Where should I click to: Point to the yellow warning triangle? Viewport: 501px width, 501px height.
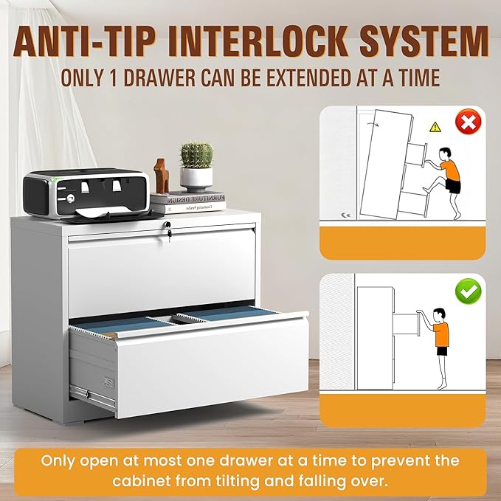coord(435,127)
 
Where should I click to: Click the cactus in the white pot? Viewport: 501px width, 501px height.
coord(196,156)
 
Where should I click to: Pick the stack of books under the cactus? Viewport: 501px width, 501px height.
coord(189,203)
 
